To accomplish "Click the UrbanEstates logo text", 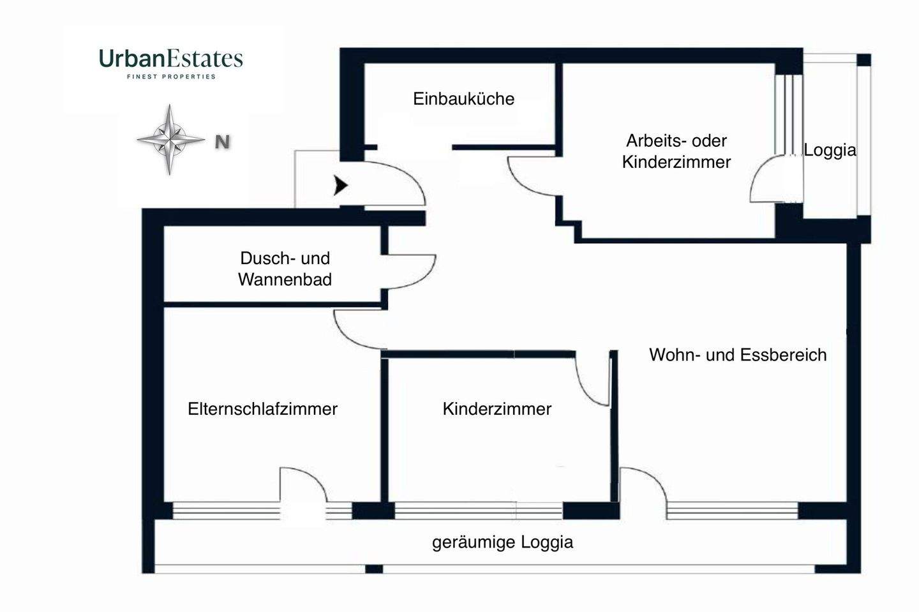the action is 171,59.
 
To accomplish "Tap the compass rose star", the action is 170,138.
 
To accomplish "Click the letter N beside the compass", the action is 222,142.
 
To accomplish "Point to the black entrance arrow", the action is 341,186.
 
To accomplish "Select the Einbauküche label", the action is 463,99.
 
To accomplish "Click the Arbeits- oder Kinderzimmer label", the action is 676,151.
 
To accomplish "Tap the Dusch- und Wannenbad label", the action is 285,269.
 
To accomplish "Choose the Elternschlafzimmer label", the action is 262,409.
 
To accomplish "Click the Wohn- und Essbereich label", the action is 738,355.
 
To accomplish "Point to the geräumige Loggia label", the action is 502,542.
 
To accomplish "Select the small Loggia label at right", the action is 830,151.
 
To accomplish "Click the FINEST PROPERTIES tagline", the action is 171,77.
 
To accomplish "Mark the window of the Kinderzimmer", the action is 478,511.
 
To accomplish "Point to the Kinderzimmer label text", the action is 497,409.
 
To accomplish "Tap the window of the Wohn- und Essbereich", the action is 732,511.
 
